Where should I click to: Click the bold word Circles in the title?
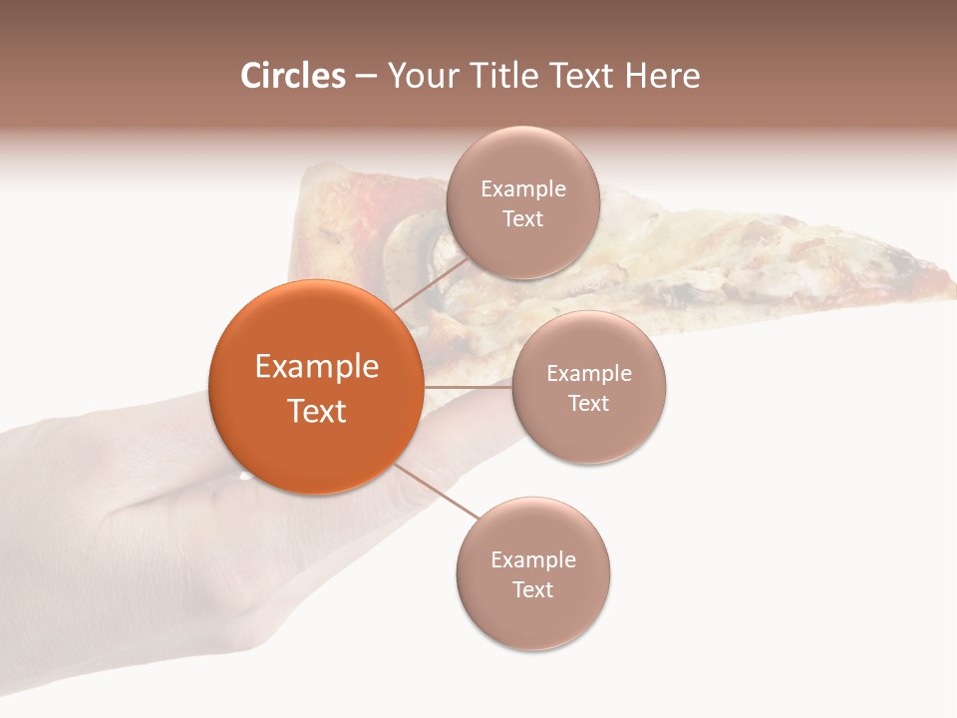point(292,76)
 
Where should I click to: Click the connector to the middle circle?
point(468,386)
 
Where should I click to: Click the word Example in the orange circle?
point(317,367)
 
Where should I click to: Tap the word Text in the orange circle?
point(317,411)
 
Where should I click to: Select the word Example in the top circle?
point(523,188)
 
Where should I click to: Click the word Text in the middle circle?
point(589,403)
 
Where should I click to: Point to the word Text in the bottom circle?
point(533,589)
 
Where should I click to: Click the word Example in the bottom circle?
point(533,559)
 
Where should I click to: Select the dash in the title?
point(366,77)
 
